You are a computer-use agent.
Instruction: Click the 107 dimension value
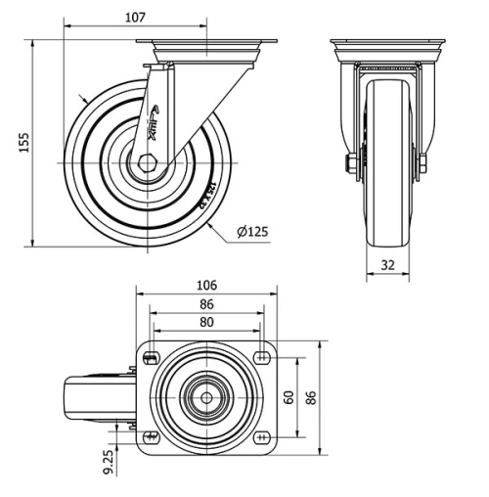[x=135, y=18]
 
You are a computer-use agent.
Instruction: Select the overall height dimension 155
[x=22, y=143]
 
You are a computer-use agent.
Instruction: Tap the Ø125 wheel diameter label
[x=252, y=232]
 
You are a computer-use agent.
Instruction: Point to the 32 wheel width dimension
[x=389, y=264]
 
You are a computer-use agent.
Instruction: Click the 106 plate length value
[x=206, y=286]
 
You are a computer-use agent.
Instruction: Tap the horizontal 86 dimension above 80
[x=206, y=304]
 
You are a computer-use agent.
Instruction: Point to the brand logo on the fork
[x=157, y=125]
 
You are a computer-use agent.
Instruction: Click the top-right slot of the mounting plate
[x=263, y=358]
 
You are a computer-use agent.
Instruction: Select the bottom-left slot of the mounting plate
[x=150, y=436]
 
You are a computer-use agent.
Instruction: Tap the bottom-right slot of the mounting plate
[x=263, y=436]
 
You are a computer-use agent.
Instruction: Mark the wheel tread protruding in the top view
[x=86, y=397]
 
